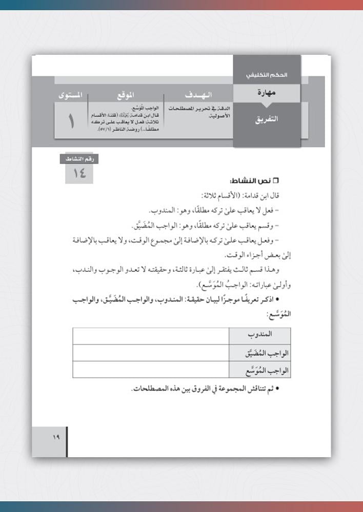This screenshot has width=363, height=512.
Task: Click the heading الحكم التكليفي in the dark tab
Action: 267,75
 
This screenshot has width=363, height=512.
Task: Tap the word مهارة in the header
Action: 267,93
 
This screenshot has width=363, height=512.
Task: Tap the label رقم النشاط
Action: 78,159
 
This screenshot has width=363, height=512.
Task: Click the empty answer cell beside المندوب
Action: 152,336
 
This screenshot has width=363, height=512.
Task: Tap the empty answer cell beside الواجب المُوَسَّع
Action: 152,370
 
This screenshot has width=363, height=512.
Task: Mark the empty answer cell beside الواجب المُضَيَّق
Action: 152,353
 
